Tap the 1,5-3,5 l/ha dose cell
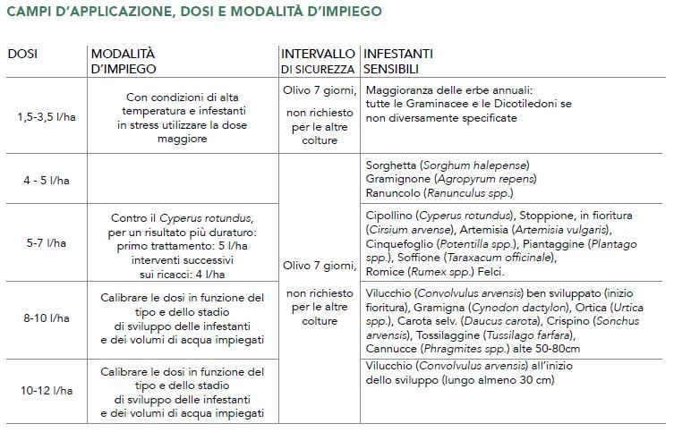(x=42, y=116)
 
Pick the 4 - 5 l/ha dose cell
(x=42, y=180)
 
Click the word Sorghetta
(x=391, y=165)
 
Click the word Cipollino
(x=391, y=216)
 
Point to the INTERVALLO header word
(x=318, y=54)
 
